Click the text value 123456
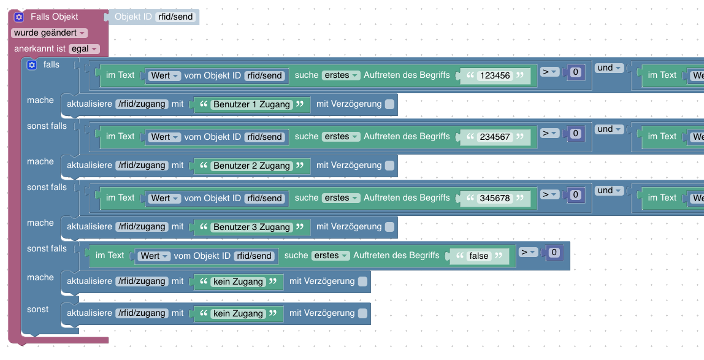pyautogui.click(x=495, y=75)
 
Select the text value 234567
pyautogui.click(x=495, y=137)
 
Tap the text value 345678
pyautogui.click(x=495, y=198)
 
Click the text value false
pyautogui.click(x=479, y=256)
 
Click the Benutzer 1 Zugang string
pyautogui.click(x=251, y=104)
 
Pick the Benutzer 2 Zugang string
pyautogui.click(x=251, y=166)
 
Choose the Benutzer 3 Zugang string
pyautogui.click(x=251, y=227)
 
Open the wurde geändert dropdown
pyautogui.click(x=49, y=33)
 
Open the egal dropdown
pyautogui.click(x=84, y=48)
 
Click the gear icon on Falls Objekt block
pyautogui.click(x=19, y=17)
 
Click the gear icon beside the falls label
pyautogui.click(x=32, y=65)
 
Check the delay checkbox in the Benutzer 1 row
pyautogui.click(x=389, y=104)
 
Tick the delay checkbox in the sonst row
pyautogui.click(x=362, y=313)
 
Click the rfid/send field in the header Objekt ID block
pyautogui.click(x=175, y=17)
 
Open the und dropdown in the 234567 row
pyautogui.click(x=609, y=129)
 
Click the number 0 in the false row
pyautogui.click(x=554, y=252)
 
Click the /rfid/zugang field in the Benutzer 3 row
pyautogui.click(x=141, y=227)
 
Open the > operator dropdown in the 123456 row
pyautogui.click(x=549, y=72)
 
